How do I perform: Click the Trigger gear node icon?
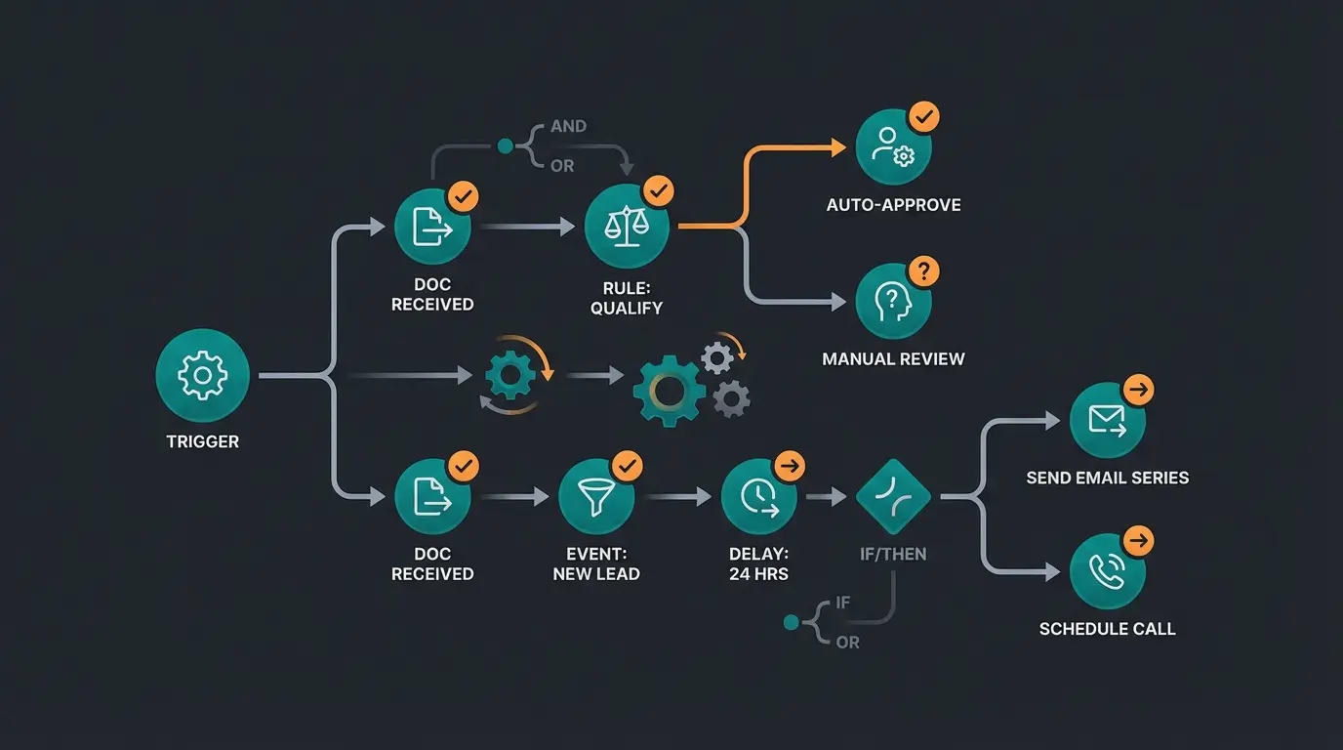pos(202,376)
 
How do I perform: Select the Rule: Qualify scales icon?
pos(627,228)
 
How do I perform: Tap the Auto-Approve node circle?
pos(893,147)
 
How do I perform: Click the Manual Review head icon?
pos(893,301)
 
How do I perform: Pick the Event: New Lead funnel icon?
pos(596,497)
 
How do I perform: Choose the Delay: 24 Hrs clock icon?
pos(758,497)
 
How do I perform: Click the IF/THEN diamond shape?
pos(893,497)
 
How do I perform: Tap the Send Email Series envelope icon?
pos(1107,421)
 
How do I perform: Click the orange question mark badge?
pos(923,271)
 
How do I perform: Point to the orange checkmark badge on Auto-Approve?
pos(923,118)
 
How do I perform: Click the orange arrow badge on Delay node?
pos(789,466)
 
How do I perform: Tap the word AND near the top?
pos(568,126)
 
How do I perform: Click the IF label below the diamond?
pos(842,604)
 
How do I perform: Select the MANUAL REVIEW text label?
pos(893,358)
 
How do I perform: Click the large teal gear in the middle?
pos(669,390)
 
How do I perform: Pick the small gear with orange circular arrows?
pos(509,376)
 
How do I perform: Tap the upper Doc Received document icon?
pos(431,228)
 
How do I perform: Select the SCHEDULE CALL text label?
pos(1107,629)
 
